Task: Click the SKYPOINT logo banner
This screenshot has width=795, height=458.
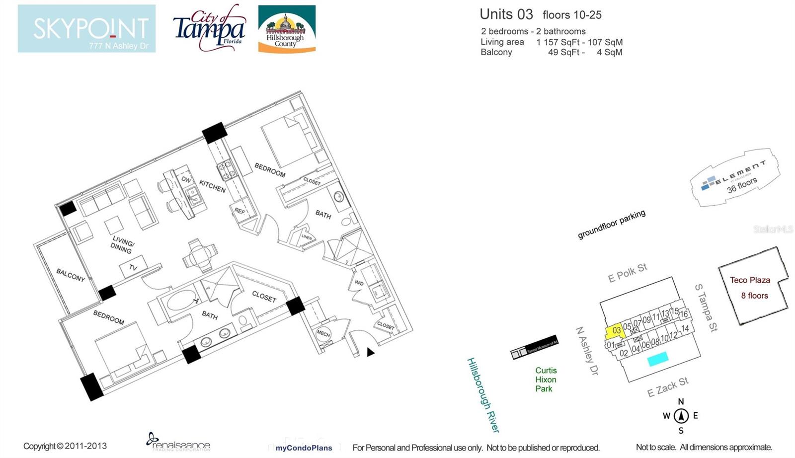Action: [86, 28]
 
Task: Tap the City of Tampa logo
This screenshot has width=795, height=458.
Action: [209, 28]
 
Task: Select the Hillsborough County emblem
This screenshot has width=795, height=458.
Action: [287, 29]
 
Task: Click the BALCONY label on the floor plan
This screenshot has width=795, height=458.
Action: [70, 275]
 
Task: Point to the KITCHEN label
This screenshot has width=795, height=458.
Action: [212, 186]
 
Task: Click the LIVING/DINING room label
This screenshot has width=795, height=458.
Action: [122, 245]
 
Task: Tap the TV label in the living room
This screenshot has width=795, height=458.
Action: [133, 268]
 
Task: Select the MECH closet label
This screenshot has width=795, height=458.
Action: [323, 334]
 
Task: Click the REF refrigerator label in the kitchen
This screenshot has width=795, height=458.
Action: [239, 211]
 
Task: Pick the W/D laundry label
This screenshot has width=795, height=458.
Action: [359, 283]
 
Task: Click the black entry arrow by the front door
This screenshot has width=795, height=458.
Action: [370, 352]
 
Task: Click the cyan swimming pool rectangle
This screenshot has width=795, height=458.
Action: [657, 358]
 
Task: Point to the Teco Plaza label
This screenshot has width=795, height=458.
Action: [750, 280]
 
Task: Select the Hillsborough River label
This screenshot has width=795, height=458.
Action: [482, 395]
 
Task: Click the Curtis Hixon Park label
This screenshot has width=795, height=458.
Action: [546, 380]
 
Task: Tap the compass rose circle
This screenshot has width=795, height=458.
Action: [681, 415]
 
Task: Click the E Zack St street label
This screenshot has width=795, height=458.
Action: [667, 387]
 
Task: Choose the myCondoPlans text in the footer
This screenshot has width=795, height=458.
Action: [304, 448]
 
